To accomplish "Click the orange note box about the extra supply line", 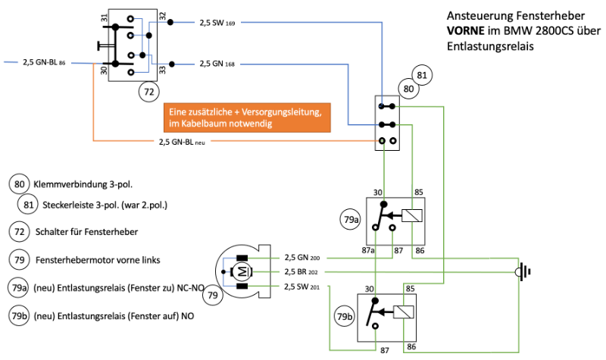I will [x=247, y=117].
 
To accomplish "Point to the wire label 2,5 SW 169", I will [x=217, y=23].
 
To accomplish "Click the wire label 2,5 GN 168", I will [x=217, y=64].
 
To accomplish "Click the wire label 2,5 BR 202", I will [x=302, y=271].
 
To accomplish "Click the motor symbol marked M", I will [x=242, y=271].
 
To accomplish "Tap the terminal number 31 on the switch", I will [x=104, y=17].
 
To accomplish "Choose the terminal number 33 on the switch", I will [x=162, y=70].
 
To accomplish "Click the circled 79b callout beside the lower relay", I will [x=344, y=316].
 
